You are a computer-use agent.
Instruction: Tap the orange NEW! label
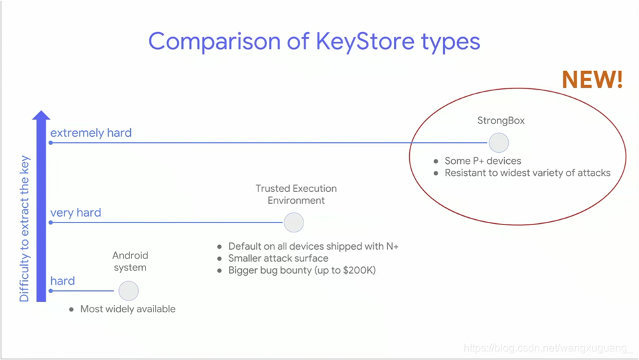[x=592, y=80]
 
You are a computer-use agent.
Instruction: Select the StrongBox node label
[x=501, y=121]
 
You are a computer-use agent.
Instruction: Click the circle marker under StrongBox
[x=499, y=143]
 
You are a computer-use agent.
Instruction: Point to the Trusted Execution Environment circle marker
[x=294, y=223]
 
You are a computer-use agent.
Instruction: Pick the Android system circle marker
[x=128, y=291]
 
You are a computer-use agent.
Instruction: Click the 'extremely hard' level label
[x=91, y=133]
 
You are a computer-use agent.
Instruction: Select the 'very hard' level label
[x=76, y=213]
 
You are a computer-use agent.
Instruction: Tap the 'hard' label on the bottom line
[x=62, y=281]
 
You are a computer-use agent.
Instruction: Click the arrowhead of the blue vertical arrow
[x=41, y=116]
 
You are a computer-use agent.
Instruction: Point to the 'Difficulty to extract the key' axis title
[x=25, y=228]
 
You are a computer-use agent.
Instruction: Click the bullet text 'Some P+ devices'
[x=483, y=161]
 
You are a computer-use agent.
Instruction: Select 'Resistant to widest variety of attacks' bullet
[x=527, y=173]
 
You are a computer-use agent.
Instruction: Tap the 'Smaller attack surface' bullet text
[x=278, y=258]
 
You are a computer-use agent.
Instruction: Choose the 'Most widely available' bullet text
[x=128, y=309]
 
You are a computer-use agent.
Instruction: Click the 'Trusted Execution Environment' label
[x=296, y=195]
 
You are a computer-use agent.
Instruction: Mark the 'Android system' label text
[x=130, y=261]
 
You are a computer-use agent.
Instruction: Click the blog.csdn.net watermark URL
[x=548, y=348]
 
